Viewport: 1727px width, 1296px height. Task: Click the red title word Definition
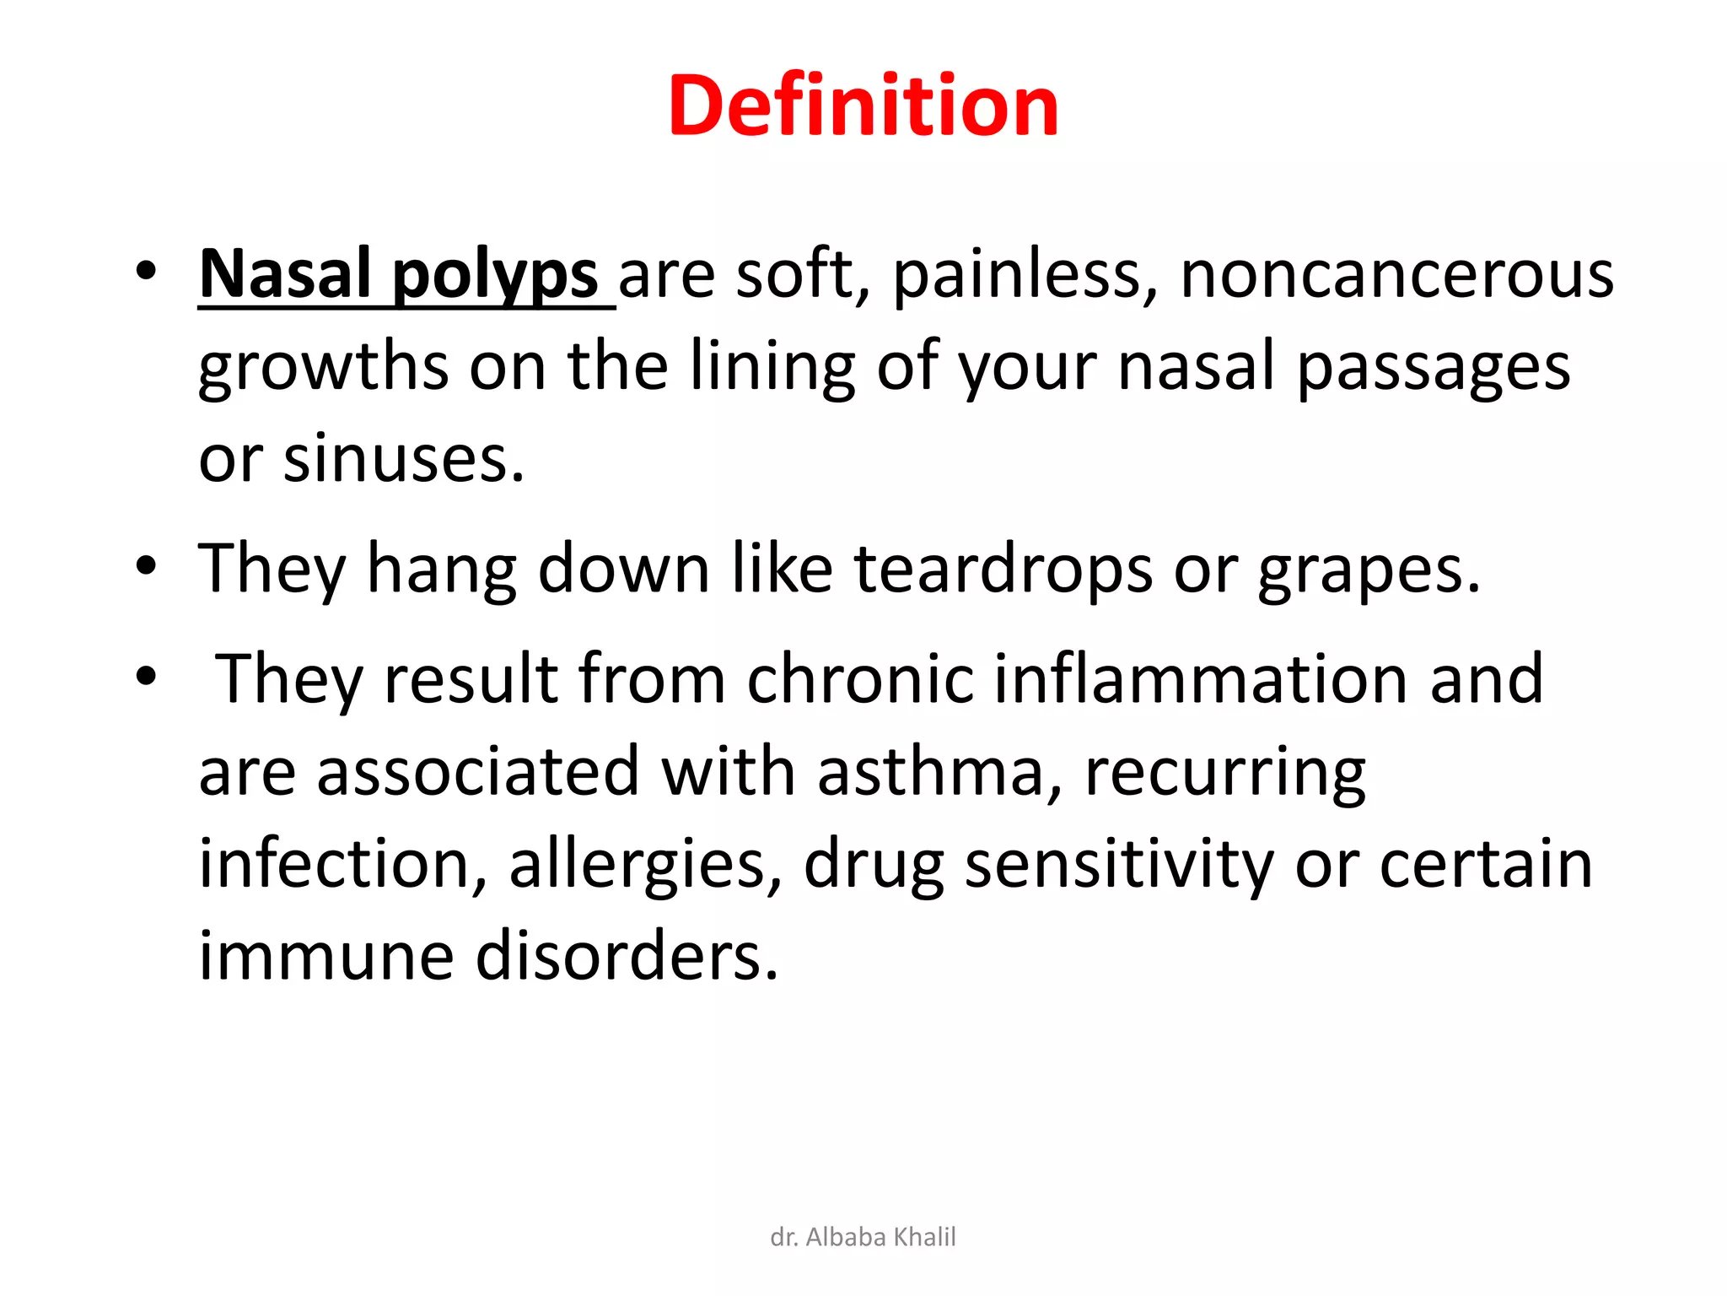point(863,106)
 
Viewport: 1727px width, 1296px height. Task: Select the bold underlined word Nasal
point(285,275)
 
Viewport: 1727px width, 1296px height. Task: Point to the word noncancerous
point(1396,275)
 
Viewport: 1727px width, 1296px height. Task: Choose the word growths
point(323,368)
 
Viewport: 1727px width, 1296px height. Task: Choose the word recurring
point(1224,773)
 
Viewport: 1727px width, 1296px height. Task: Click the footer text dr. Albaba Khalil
point(863,1237)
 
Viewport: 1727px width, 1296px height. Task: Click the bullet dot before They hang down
point(146,565)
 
